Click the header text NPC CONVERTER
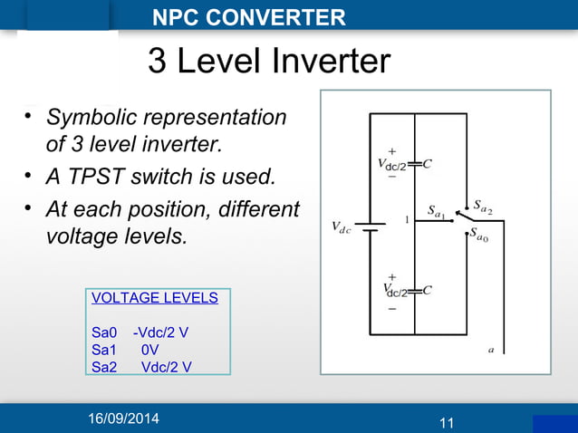[x=248, y=17]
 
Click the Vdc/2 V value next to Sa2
[x=166, y=366]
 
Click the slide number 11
[x=446, y=423]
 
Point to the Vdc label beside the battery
[x=342, y=226]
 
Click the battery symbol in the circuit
[x=370, y=226]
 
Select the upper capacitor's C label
[x=428, y=164]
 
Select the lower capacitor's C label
[x=428, y=290]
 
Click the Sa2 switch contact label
[x=483, y=207]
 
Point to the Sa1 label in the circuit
[x=436, y=214]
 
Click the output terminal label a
[x=490, y=348]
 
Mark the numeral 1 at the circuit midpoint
[x=407, y=219]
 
